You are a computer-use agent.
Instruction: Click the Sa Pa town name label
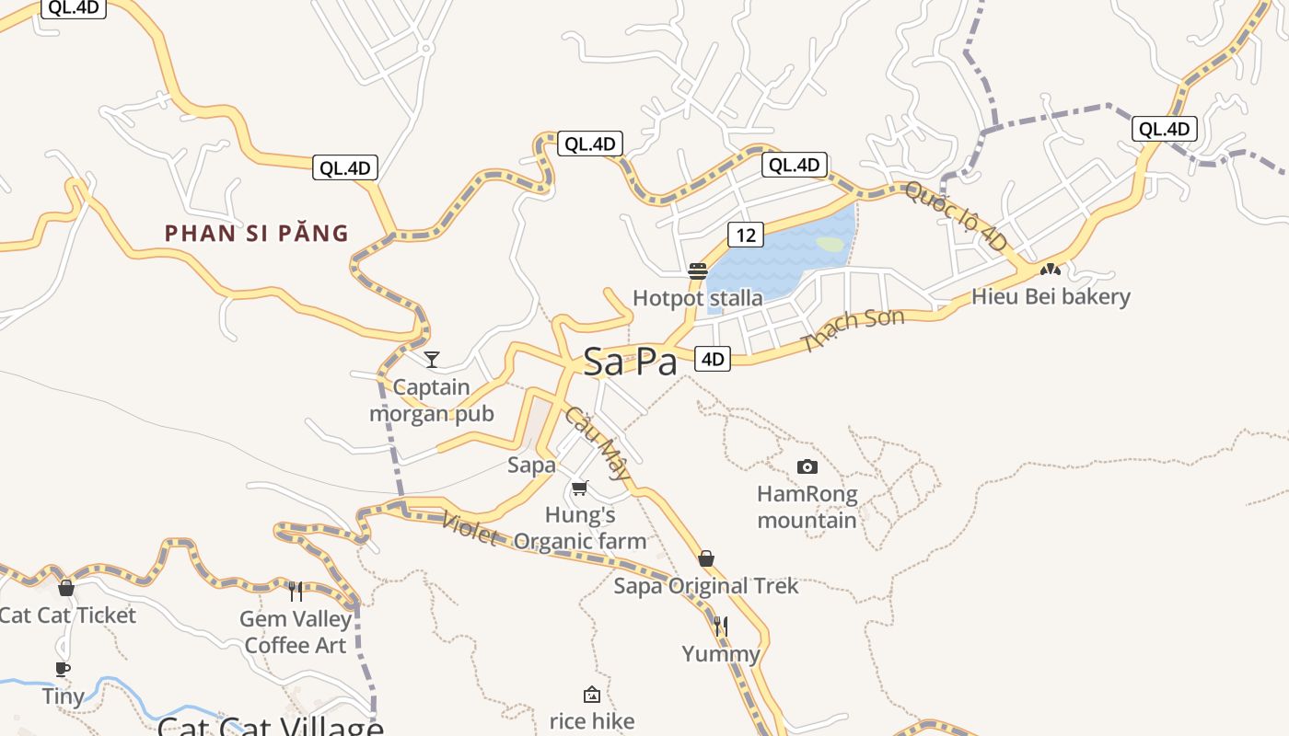coord(631,362)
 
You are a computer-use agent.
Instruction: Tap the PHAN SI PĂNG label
coord(257,234)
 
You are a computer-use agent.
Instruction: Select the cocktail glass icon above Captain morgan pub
coord(431,359)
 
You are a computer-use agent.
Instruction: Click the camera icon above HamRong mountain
coord(807,466)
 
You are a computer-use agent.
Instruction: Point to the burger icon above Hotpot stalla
coord(697,271)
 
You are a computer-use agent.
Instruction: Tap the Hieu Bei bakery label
coord(1051,297)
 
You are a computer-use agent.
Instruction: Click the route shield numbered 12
coord(745,235)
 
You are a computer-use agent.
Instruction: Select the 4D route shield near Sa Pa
coord(713,359)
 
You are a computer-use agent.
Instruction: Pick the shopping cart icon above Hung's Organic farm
coord(579,488)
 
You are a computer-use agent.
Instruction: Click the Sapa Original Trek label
coord(706,586)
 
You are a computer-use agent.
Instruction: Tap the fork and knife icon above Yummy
coord(721,627)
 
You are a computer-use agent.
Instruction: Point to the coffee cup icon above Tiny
coord(63,669)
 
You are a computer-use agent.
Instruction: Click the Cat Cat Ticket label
coord(67,615)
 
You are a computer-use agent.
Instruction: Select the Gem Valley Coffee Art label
coord(296,632)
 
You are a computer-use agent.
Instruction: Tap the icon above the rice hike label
coord(592,695)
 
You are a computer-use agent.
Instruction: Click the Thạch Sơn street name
coord(853,329)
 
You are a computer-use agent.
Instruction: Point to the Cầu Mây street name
coord(598,443)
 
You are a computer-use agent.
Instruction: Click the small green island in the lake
coord(830,245)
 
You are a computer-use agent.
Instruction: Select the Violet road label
coord(470,528)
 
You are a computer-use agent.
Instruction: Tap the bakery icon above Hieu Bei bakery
coord(1050,270)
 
